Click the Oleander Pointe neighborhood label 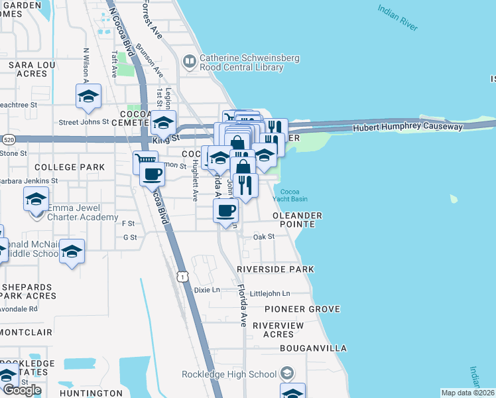click(298, 220)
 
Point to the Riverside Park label click(275, 269)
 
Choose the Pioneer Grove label click(302, 309)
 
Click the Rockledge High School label click(229, 374)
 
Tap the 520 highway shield click(8, 140)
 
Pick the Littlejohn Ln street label click(269, 293)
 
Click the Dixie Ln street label click(206, 290)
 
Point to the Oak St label click(263, 236)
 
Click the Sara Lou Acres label click(29, 69)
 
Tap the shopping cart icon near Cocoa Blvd click(145, 160)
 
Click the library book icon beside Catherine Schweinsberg click(190, 62)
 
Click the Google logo click(22, 390)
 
